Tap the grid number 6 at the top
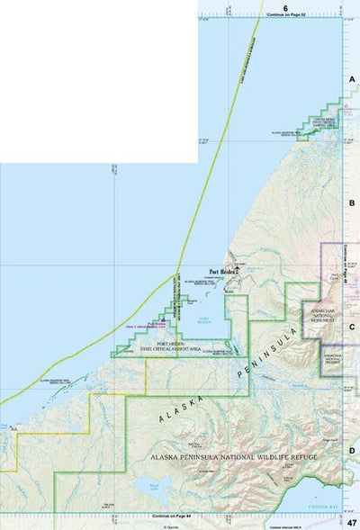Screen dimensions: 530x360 (284, 7)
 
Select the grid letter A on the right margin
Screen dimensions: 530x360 (353, 80)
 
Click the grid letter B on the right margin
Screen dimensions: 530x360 (353, 204)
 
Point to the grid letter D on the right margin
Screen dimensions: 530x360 (353, 451)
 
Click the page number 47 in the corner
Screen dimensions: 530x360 (352, 522)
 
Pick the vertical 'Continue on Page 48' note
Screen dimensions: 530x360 (346, 260)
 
